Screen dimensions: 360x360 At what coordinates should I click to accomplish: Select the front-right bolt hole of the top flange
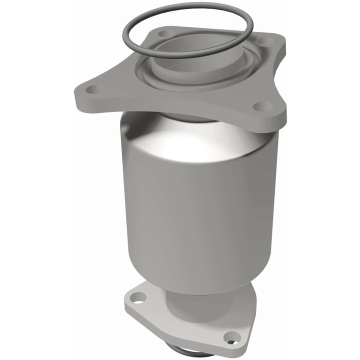point(261,106)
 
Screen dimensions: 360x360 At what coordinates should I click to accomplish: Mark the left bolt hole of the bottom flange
point(138,298)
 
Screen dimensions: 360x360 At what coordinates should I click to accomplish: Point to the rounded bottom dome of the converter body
point(200,280)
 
